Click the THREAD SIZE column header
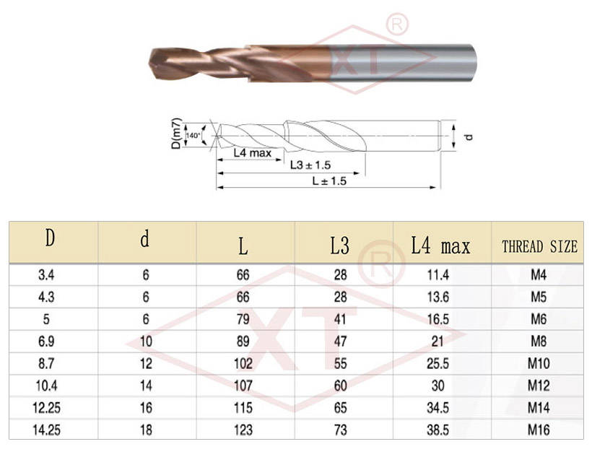[539, 247]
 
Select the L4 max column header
[440, 246]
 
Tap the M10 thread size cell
[539, 363]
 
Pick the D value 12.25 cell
[46, 408]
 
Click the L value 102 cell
[243, 363]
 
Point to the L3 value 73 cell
[341, 430]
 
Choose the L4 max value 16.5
[438, 319]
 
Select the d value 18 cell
[146, 430]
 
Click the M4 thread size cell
[539, 274]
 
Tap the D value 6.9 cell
[46, 342]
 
